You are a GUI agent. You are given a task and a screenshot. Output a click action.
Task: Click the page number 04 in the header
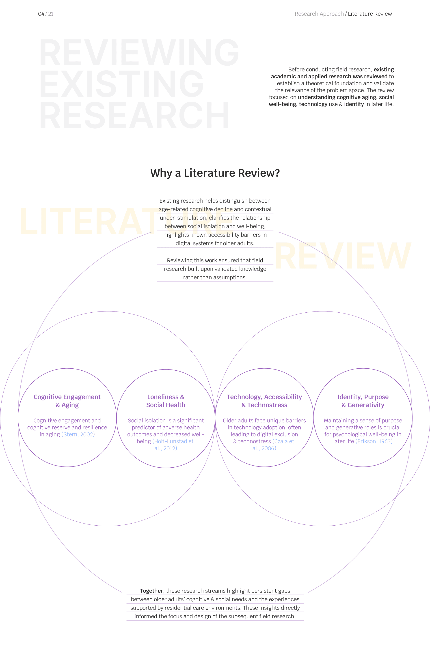click(41, 14)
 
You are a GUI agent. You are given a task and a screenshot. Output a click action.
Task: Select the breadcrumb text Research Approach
click(319, 14)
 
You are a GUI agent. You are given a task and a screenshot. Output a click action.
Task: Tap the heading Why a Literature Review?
click(215, 173)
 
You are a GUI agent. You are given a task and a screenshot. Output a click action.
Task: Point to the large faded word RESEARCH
click(134, 115)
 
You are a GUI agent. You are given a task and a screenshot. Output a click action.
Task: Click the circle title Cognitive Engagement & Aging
click(67, 401)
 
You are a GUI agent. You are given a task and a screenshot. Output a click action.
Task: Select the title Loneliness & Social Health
click(166, 401)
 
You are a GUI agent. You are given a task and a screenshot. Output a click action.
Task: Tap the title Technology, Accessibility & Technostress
click(264, 401)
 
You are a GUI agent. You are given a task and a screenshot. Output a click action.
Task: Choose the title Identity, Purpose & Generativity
click(363, 401)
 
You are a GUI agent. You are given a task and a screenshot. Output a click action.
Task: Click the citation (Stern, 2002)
click(78, 434)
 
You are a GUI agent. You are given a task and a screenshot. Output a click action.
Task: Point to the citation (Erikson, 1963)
click(374, 441)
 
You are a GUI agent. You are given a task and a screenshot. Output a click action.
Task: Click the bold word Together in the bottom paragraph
click(151, 591)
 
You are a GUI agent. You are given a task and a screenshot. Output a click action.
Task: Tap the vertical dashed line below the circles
click(215, 521)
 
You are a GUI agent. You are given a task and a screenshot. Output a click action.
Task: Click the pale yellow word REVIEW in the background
click(343, 256)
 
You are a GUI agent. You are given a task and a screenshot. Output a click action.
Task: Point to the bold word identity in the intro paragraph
click(354, 104)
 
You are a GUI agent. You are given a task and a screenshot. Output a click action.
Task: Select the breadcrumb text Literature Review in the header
click(370, 14)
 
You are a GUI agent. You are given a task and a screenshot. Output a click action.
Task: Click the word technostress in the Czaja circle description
click(254, 441)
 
